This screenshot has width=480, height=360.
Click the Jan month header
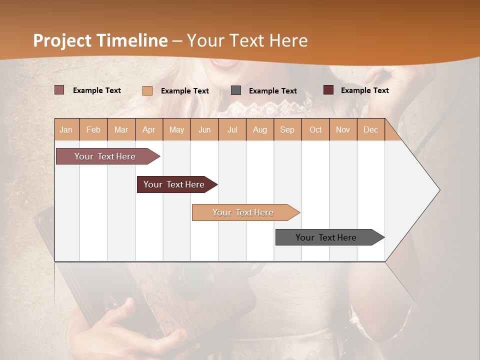click(66, 130)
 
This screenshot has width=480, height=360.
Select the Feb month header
click(93, 130)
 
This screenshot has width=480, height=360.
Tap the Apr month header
click(148, 130)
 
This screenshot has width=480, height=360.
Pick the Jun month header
click(204, 130)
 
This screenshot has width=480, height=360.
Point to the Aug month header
click(259, 130)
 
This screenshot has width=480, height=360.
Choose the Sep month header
click(287, 130)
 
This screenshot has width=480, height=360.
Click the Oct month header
click(315, 130)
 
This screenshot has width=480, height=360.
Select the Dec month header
click(370, 130)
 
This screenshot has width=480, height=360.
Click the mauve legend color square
click(59, 90)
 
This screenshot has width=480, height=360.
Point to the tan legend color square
click(147, 90)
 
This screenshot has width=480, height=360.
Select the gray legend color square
click(236, 90)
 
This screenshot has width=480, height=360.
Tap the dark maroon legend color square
click(328, 90)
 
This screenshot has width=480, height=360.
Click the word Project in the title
click(62, 40)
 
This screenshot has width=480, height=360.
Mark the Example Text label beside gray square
click(272, 91)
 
